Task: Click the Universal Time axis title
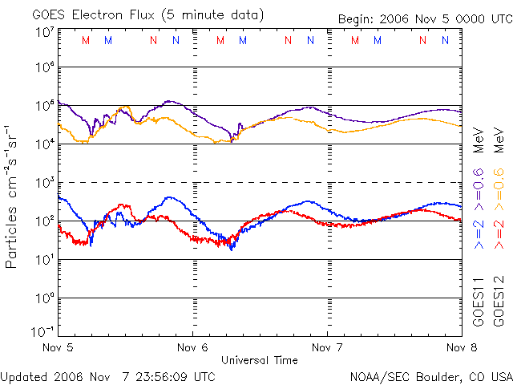tap(260, 360)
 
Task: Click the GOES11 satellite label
tap(479, 301)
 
